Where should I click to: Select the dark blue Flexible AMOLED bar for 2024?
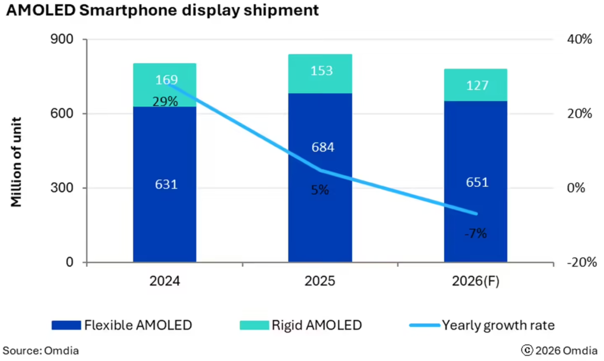coord(165,224)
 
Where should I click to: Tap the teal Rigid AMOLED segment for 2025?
coord(320,73)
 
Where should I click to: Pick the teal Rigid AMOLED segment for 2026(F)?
coord(475,85)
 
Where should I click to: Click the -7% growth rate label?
coord(475,233)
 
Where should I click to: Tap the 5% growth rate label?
coord(320,190)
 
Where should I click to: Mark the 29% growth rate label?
coord(165,101)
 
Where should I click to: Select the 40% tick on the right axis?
coord(579,40)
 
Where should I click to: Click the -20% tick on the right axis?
coord(579,262)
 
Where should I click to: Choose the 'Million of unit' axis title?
coord(18,151)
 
